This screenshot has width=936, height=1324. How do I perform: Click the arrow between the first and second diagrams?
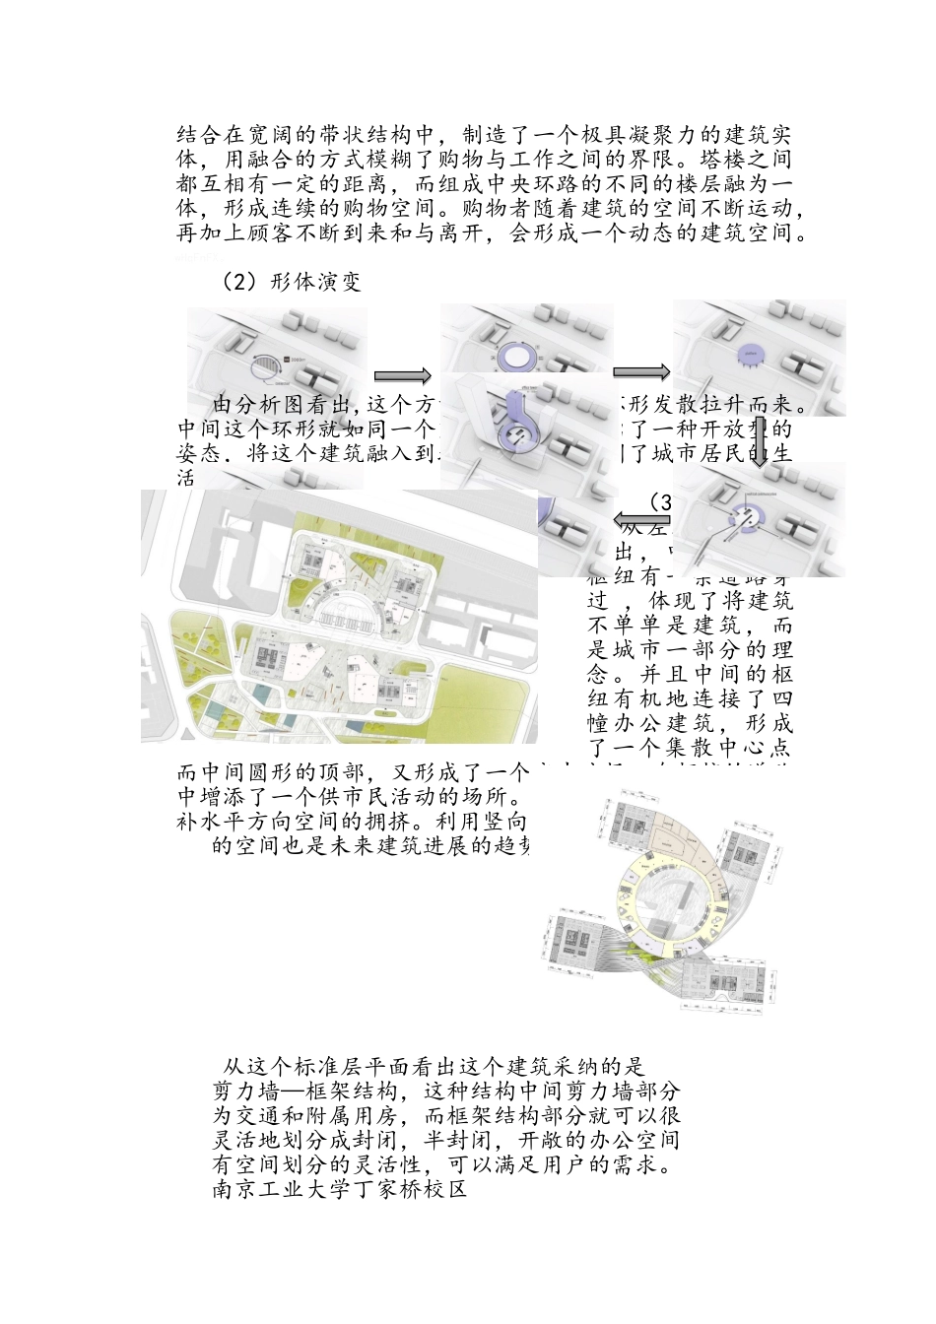pyautogui.click(x=403, y=375)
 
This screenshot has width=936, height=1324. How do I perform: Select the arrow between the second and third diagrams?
pyautogui.click(x=641, y=371)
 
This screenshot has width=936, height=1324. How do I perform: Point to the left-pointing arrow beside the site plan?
pyautogui.click(x=640, y=518)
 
